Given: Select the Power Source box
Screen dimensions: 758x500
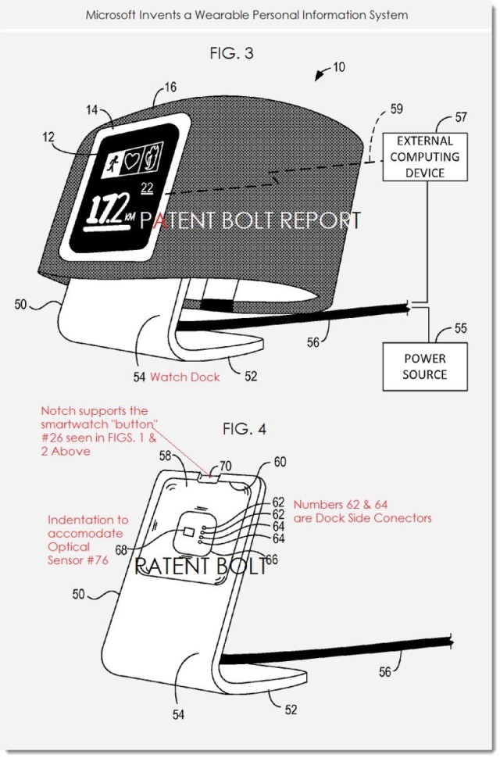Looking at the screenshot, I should [x=425, y=366].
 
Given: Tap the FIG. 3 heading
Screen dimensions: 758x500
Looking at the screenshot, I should [x=232, y=54].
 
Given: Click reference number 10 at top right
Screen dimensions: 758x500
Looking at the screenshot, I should [x=338, y=67].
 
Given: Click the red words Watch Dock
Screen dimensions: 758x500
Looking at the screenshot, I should [x=184, y=377].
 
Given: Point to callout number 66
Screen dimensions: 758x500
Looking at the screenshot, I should [x=271, y=559].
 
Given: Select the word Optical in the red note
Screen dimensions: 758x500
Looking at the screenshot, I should [x=69, y=547].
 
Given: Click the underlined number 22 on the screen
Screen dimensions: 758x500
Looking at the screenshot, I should [x=146, y=187].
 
